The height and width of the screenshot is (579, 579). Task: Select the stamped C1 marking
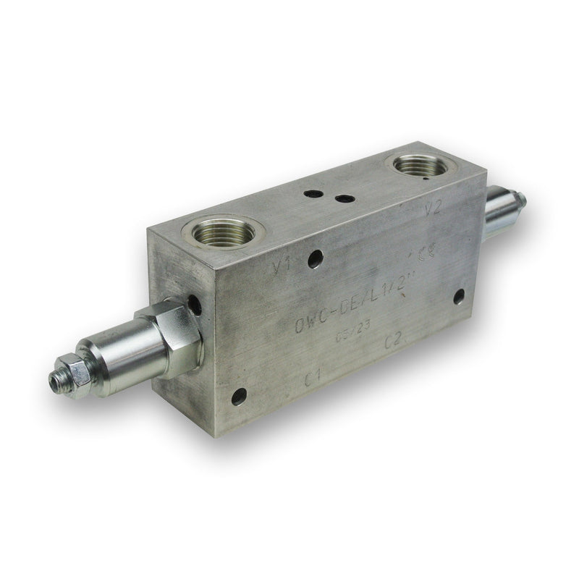pos(313,377)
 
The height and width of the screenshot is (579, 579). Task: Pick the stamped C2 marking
pos(394,339)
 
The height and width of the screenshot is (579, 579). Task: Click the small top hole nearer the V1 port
pos(313,194)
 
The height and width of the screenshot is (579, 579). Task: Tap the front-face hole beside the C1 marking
pos(238,396)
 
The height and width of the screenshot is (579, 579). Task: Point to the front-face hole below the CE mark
pos(459,296)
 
